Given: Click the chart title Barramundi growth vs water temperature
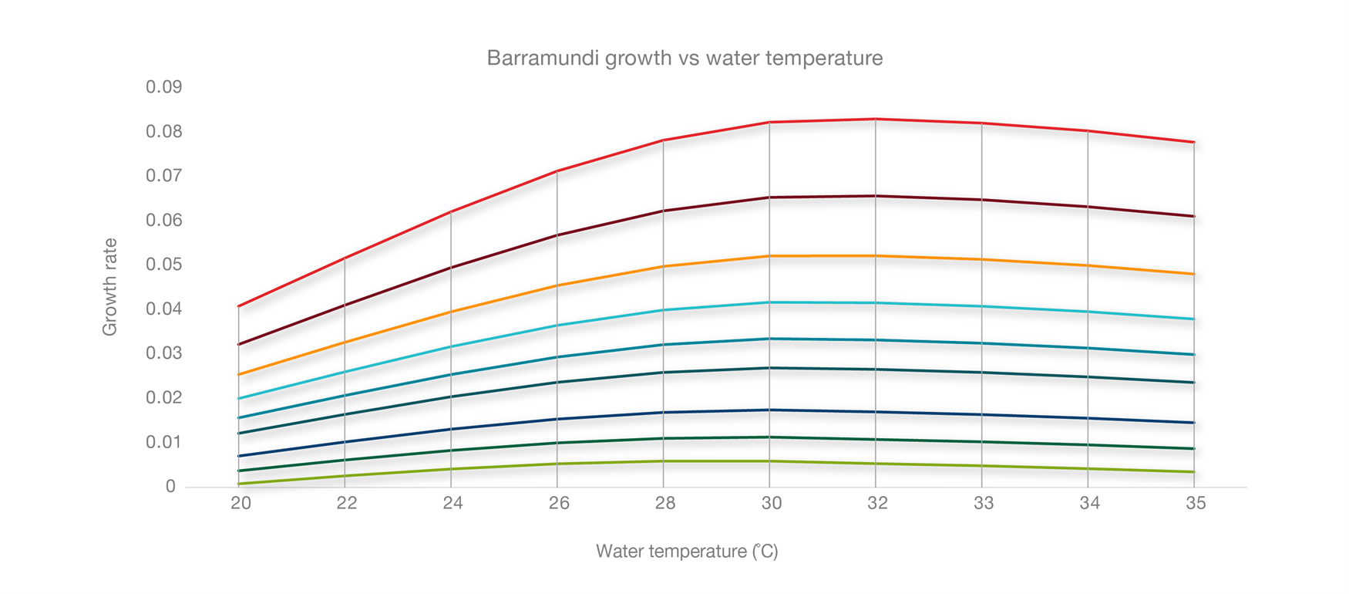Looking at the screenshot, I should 685,58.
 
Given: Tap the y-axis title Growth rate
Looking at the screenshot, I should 109,287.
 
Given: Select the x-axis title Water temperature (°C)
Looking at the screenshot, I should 687,552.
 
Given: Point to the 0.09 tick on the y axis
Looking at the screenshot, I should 163,87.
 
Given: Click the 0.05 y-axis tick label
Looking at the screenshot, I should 163,265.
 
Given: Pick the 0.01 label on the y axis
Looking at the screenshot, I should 163,442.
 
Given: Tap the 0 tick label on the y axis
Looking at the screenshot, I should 170,487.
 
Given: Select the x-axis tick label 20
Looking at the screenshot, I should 241,504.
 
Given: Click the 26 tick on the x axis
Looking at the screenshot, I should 558,504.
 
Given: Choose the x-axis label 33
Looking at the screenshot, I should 983,504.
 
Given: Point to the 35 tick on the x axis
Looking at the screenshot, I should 1195,504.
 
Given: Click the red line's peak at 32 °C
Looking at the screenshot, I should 876,119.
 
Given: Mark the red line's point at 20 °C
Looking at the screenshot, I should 240,306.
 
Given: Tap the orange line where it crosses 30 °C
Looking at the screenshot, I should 769,256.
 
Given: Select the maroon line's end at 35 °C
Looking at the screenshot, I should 1193,216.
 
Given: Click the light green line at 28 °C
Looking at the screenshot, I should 664,461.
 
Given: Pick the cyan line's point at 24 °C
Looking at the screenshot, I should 452,346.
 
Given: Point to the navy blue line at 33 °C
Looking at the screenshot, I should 981,415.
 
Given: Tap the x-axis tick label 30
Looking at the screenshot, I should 771,504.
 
